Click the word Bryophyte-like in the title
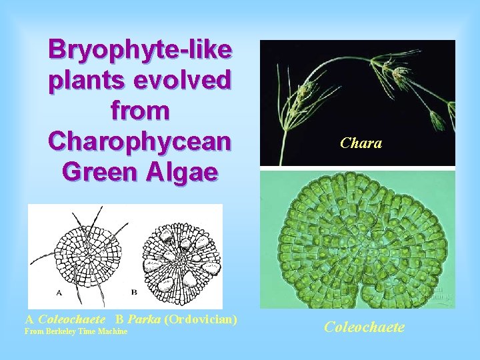(140, 50)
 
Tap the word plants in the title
(85, 81)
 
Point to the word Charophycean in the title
(140, 141)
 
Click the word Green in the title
(97, 172)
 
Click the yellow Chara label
(361, 143)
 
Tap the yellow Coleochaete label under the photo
(364, 327)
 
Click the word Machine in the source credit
(113, 331)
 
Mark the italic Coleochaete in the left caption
(72, 319)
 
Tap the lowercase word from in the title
(140, 111)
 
